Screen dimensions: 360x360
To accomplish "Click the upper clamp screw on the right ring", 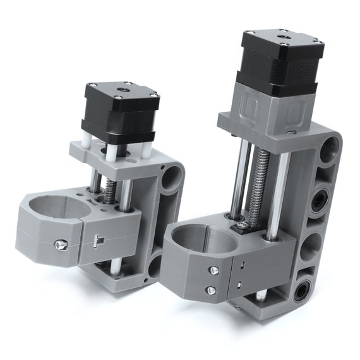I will point(214,270).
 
